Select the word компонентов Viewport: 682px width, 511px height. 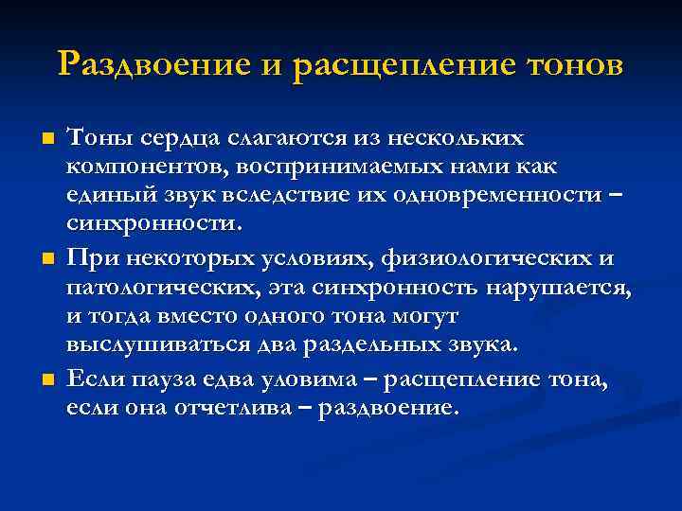(x=131, y=167)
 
